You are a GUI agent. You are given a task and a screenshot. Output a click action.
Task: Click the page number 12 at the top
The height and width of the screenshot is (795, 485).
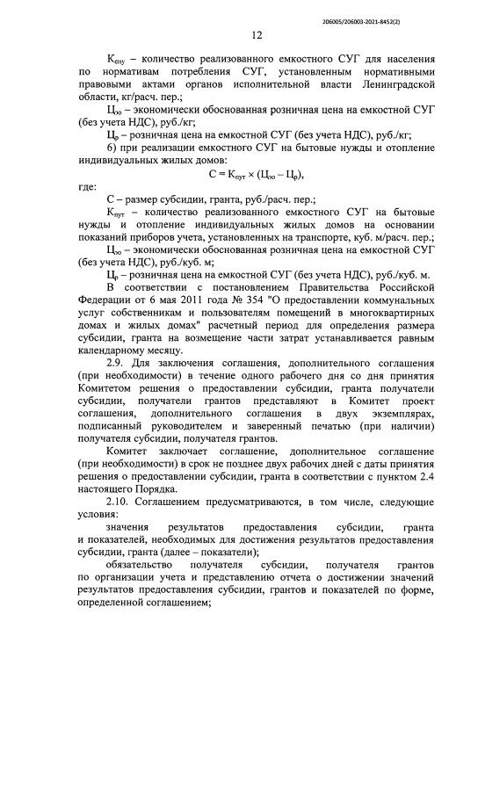click(257, 36)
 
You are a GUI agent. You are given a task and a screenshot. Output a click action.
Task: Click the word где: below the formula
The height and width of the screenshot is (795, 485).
click(89, 186)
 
